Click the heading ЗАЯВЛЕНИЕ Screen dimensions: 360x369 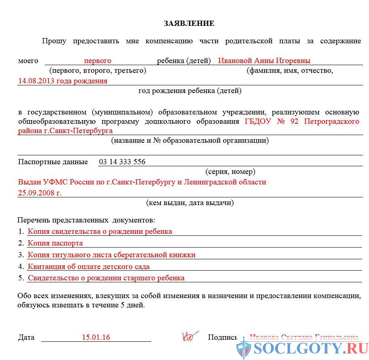pyautogui.click(x=189, y=23)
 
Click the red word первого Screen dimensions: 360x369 pyautogui.click(x=97, y=61)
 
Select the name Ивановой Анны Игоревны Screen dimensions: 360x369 pyautogui.click(x=264, y=61)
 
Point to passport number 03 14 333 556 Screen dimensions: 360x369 pyautogui.click(x=122, y=162)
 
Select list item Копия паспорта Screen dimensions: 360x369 pyautogui.click(x=55, y=243)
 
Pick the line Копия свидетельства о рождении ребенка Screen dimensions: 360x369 pyautogui.click(x=100, y=231)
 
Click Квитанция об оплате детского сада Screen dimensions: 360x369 pyautogui.click(x=89, y=267)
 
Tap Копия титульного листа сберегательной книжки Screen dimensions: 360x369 pyautogui.click(x=112, y=255)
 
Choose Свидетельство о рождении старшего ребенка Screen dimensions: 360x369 pyautogui.click(x=106, y=278)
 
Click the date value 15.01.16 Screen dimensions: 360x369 pyautogui.click(x=96, y=337)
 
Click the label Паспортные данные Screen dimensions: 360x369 pyautogui.click(x=53, y=162)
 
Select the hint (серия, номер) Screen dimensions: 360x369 pyautogui.click(x=230, y=172)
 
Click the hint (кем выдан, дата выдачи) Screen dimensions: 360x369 pyautogui.click(x=190, y=203)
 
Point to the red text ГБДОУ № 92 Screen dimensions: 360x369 pyautogui.click(x=272, y=121)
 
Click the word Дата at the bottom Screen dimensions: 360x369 pyautogui.click(x=26, y=337)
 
